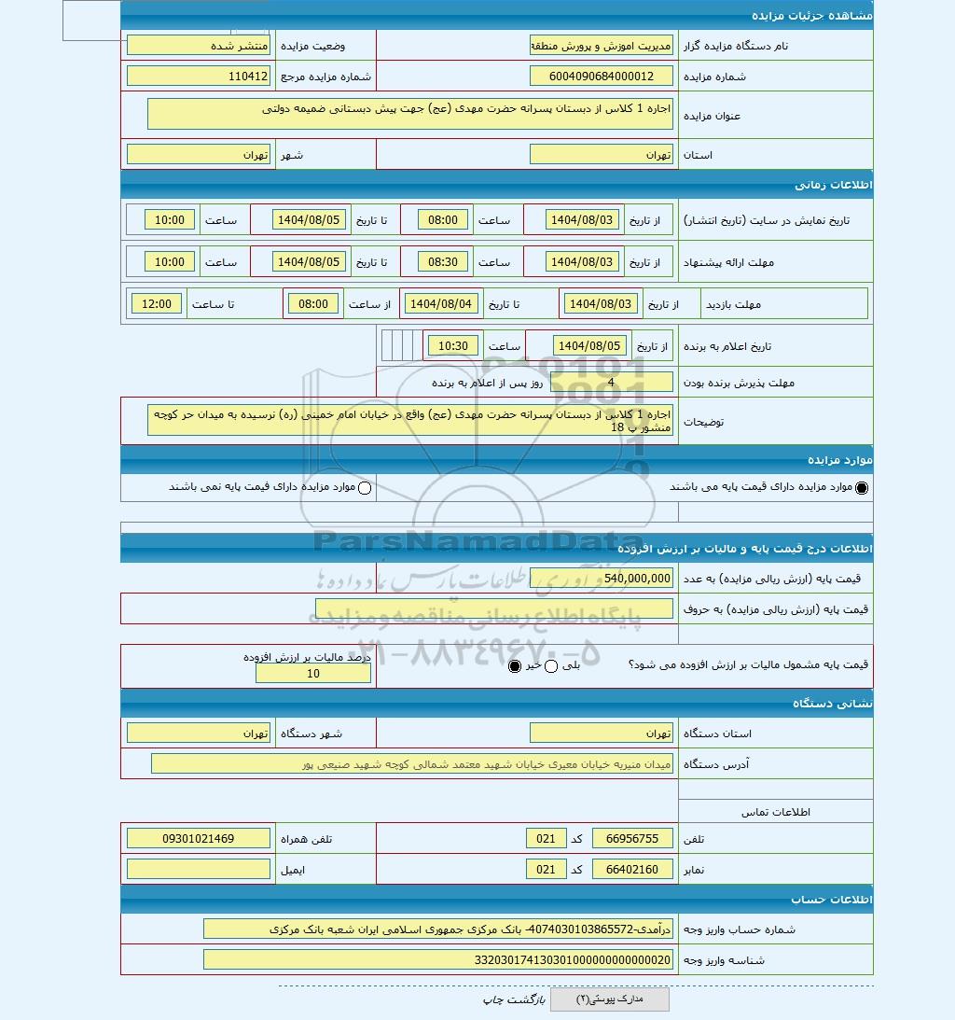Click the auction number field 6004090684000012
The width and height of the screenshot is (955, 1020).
click(x=601, y=77)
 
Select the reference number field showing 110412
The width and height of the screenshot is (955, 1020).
click(x=198, y=77)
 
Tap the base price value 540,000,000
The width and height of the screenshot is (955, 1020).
click(x=601, y=579)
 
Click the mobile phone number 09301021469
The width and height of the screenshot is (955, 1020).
click(x=198, y=839)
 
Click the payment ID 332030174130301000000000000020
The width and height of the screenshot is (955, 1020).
click(x=437, y=959)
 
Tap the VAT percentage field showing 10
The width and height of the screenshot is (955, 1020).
click(x=312, y=674)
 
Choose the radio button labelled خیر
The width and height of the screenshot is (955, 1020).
click(x=515, y=666)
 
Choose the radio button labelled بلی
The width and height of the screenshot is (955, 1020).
click(x=550, y=666)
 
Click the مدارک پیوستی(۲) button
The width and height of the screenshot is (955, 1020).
click(x=609, y=999)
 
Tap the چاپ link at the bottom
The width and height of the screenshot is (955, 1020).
click(x=493, y=999)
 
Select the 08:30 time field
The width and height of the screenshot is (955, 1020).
click(x=443, y=262)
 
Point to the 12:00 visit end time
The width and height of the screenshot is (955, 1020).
click(x=157, y=303)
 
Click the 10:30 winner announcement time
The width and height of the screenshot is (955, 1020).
click(x=453, y=346)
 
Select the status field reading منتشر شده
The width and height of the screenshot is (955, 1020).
click(x=198, y=45)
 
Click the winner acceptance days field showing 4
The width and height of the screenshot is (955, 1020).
click(x=611, y=383)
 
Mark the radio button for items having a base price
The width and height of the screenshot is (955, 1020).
click(x=861, y=487)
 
